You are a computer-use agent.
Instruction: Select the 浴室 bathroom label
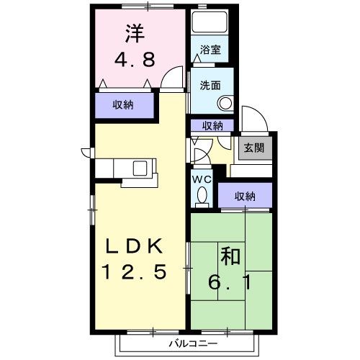[x=210, y=50]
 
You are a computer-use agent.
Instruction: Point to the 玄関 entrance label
[x=253, y=148]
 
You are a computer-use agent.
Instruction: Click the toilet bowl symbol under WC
[x=202, y=195]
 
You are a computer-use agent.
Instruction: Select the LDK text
[x=136, y=246]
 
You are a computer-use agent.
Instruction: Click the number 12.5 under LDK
[x=136, y=272]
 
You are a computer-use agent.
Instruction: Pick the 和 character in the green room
[x=230, y=256]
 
